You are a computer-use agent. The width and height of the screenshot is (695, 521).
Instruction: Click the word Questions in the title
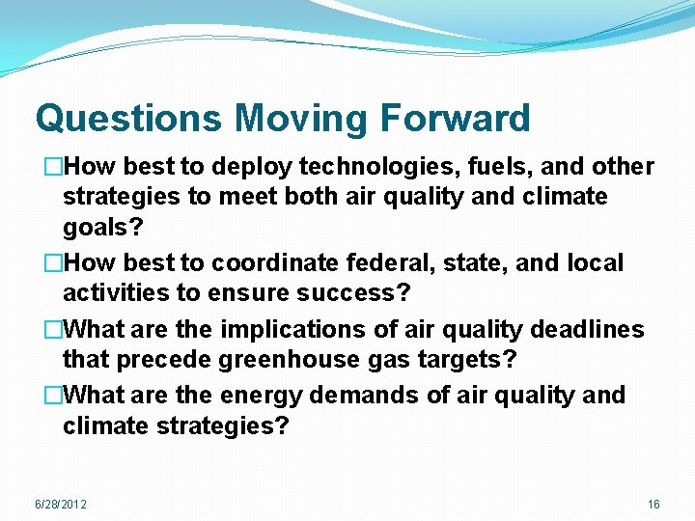[x=129, y=119]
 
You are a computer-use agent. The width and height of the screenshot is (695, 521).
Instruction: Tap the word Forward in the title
[x=455, y=119]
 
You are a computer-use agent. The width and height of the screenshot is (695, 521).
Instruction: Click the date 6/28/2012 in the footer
[x=60, y=505]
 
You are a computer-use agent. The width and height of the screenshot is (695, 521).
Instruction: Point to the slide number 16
[x=653, y=505]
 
